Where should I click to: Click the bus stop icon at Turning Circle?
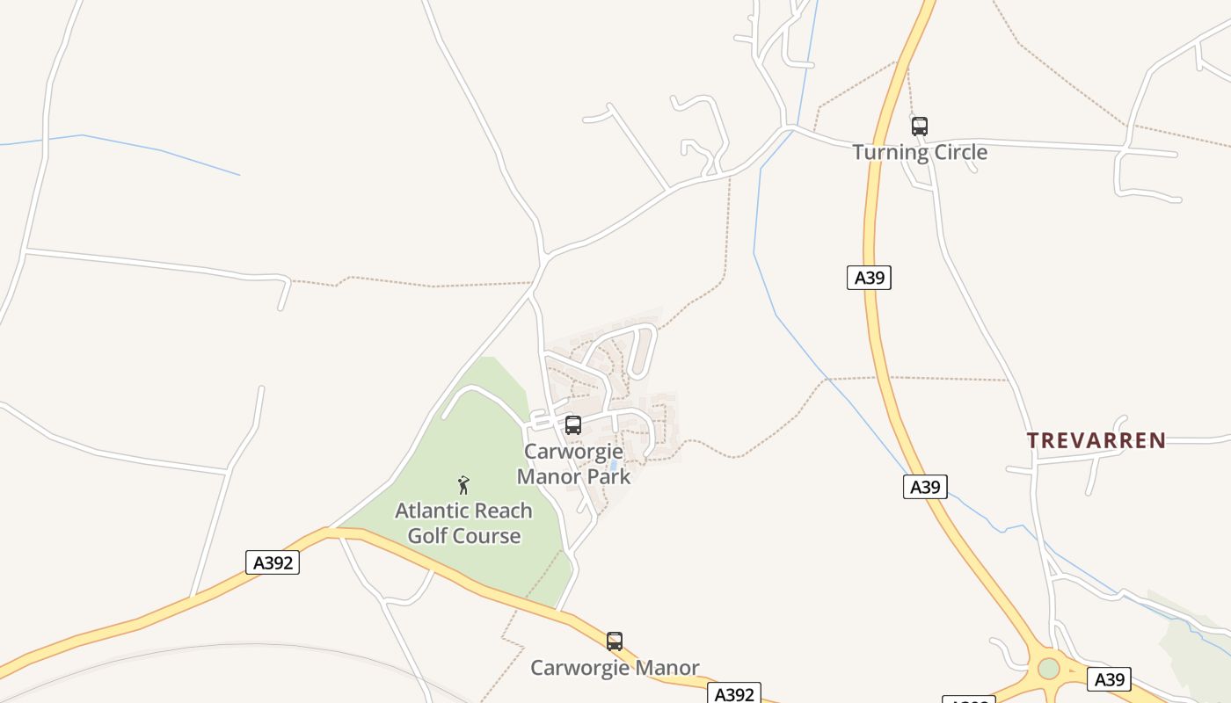(919, 127)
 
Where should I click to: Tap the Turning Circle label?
(920, 152)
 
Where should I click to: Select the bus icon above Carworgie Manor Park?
(573, 425)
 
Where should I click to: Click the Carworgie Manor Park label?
(573, 464)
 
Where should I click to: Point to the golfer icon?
(463, 485)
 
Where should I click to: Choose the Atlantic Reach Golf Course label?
(463, 523)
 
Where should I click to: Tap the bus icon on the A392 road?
(615, 641)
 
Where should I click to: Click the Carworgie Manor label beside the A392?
(615, 668)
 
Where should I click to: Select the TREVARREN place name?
(1096, 440)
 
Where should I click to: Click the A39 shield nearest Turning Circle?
(870, 278)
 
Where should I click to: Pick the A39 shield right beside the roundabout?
(1109, 679)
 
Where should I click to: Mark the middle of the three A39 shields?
(925, 487)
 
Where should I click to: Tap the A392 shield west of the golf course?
(273, 562)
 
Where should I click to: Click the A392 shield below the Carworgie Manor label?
(734, 694)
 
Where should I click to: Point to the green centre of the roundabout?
(1048, 669)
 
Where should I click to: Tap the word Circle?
(956, 152)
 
